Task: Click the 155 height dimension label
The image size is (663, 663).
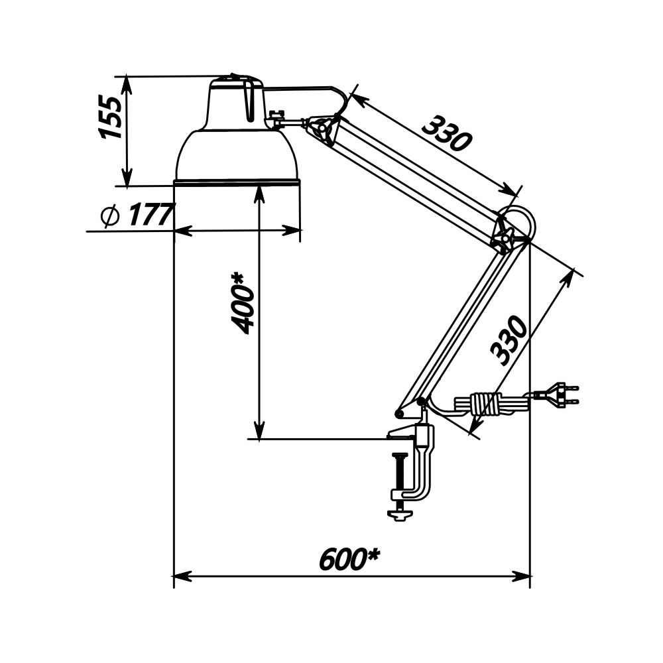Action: [x=111, y=117]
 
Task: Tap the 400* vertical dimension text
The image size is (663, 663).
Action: [x=243, y=303]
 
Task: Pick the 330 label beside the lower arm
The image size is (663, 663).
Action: [x=509, y=340]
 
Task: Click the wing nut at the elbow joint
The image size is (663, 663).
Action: [x=504, y=237]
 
